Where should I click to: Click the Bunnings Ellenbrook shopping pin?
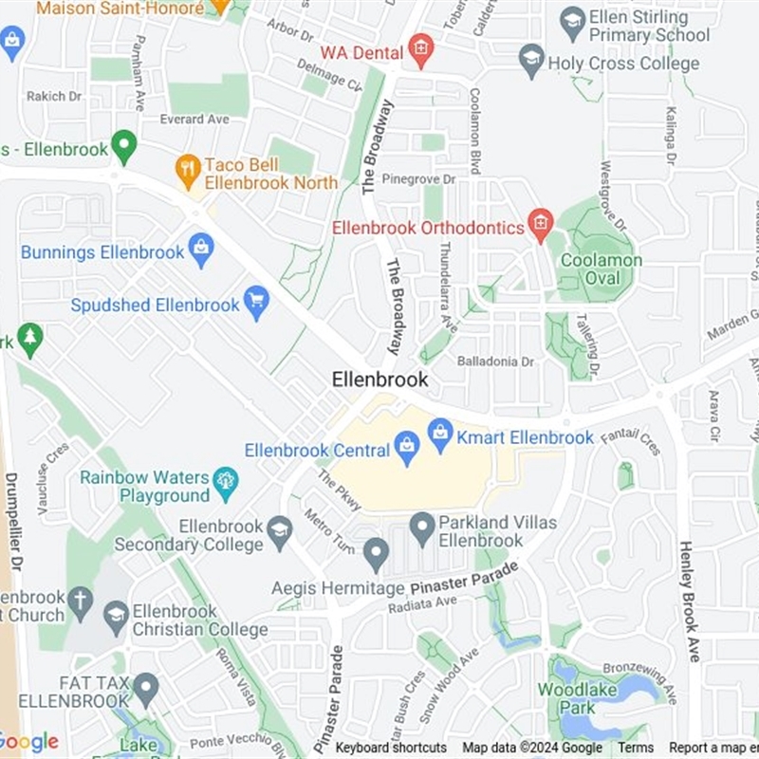coord(200,251)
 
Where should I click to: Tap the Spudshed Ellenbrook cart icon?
coord(256,304)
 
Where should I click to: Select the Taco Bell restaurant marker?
coord(189,171)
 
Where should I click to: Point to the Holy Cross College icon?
coord(532,62)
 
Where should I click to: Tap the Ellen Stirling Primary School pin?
coord(572,23)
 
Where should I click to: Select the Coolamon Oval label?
coord(602,268)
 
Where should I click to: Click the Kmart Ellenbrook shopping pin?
coord(440,435)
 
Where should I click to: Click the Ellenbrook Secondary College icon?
coord(279,533)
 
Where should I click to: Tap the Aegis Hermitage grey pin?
coord(377,554)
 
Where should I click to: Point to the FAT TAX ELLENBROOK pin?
coord(145,689)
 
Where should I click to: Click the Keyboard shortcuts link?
coord(391,748)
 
